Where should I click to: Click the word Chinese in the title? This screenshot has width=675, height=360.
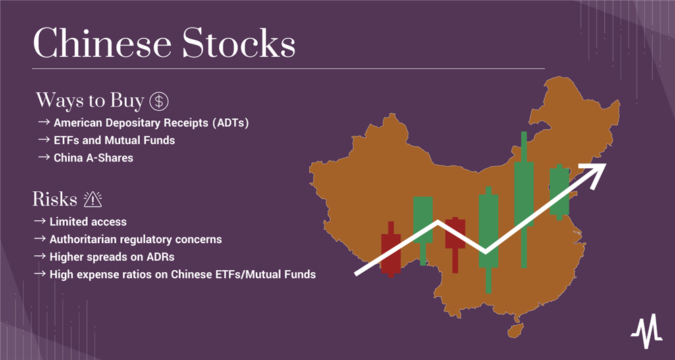(102, 43)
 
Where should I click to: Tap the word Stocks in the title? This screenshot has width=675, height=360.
(238, 43)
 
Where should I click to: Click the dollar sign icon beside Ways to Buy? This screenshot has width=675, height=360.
(159, 101)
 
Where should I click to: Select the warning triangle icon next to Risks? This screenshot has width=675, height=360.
(92, 199)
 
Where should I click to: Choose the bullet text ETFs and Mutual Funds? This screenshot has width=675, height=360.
(114, 140)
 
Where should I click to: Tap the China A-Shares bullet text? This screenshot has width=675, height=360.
(93, 157)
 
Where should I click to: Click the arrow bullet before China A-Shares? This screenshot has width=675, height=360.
(43, 157)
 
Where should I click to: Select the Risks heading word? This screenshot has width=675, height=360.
(55, 199)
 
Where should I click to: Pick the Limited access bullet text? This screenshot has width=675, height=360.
(88, 222)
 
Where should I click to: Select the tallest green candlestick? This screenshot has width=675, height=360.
(524, 200)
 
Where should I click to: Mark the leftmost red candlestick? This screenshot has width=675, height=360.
(391, 249)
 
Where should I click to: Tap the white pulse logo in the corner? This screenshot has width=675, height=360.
(647, 331)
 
